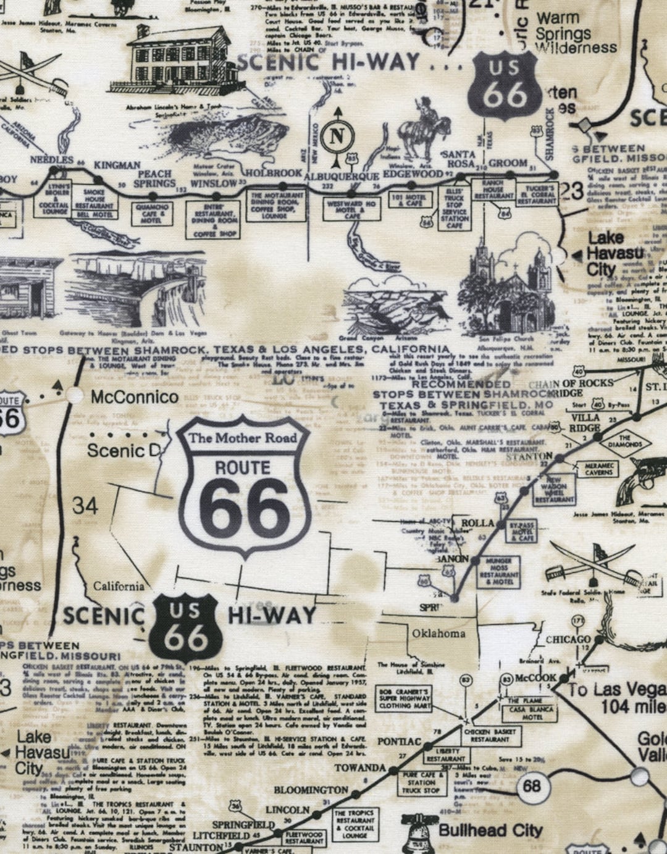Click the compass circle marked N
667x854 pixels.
[x=337, y=136]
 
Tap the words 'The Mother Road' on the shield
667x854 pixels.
[x=243, y=438]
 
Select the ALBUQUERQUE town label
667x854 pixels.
[x=342, y=176]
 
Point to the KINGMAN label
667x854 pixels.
[x=117, y=165]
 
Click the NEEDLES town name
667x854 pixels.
[x=52, y=159]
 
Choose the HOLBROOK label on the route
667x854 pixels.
[x=273, y=172]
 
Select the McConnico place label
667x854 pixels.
[x=134, y=396]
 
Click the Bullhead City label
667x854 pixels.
[x=490, y=831]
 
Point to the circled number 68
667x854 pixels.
[x=531, y=785]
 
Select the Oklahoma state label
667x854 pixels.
[x=438, y=633]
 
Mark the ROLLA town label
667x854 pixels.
[x=478, y=523]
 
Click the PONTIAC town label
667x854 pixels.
[x=399, y=741]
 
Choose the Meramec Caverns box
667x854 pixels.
[x=598, y=469]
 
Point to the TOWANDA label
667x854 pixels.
[x=360, y=768]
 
